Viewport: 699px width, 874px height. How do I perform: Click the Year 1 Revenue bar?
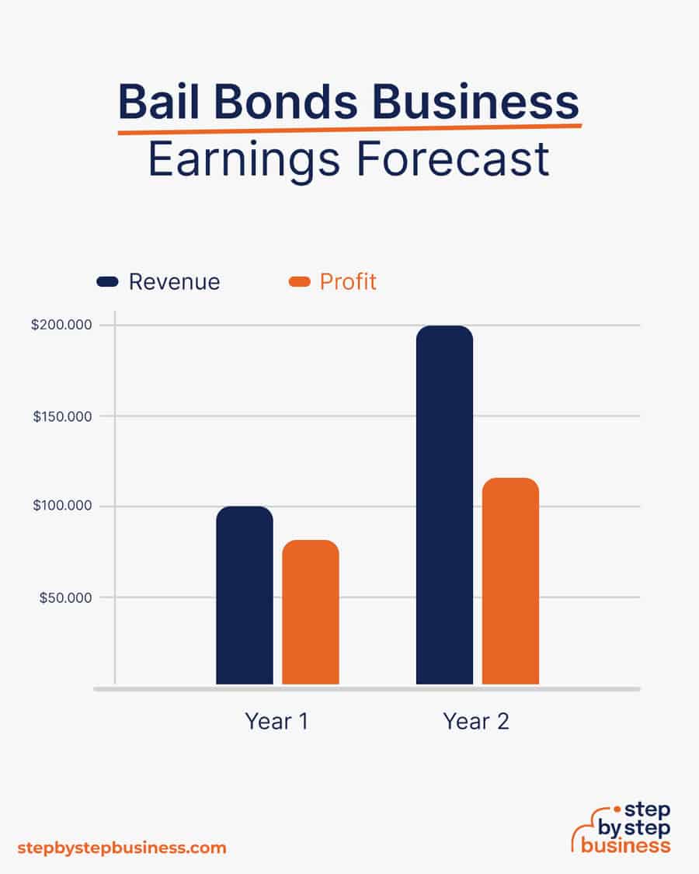point(245,595)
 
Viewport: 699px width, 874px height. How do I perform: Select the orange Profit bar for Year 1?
point(311,611)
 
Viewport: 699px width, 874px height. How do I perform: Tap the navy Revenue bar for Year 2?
point(445,504)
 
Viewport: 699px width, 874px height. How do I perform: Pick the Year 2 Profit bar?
point(510,581)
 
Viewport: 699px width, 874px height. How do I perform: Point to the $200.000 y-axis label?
point(61,325)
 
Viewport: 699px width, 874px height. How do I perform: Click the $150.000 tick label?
point(62,416)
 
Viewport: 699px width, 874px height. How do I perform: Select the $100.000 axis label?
point(62,506)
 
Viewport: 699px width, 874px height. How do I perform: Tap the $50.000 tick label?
point(65,598)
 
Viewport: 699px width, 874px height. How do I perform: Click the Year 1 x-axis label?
point(276,721)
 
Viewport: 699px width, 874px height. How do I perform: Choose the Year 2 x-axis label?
point(476,721)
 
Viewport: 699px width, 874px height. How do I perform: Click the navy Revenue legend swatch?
point(108,281)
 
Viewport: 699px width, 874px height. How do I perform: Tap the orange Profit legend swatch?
point(299,281)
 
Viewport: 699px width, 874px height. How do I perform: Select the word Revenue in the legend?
point(175,282)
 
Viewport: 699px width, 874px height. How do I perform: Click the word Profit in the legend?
point(348,282)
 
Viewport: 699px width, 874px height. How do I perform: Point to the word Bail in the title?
point(159,102)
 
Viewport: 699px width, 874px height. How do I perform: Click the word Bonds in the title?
point(286,102)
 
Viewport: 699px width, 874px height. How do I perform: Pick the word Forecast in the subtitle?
point(453,158)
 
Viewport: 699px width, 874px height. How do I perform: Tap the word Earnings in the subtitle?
point(244,162)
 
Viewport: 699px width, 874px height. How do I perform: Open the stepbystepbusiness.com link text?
point(122,848)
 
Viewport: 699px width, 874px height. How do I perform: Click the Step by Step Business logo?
point(621,828)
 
